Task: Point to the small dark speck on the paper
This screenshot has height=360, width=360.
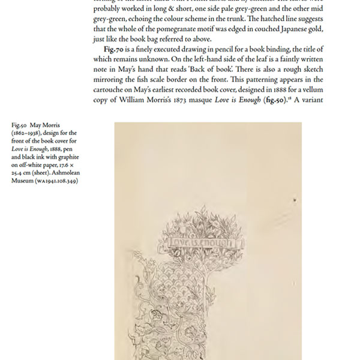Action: click(x=295, y=200)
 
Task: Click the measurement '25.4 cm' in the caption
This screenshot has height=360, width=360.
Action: click(x=23, y=173)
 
